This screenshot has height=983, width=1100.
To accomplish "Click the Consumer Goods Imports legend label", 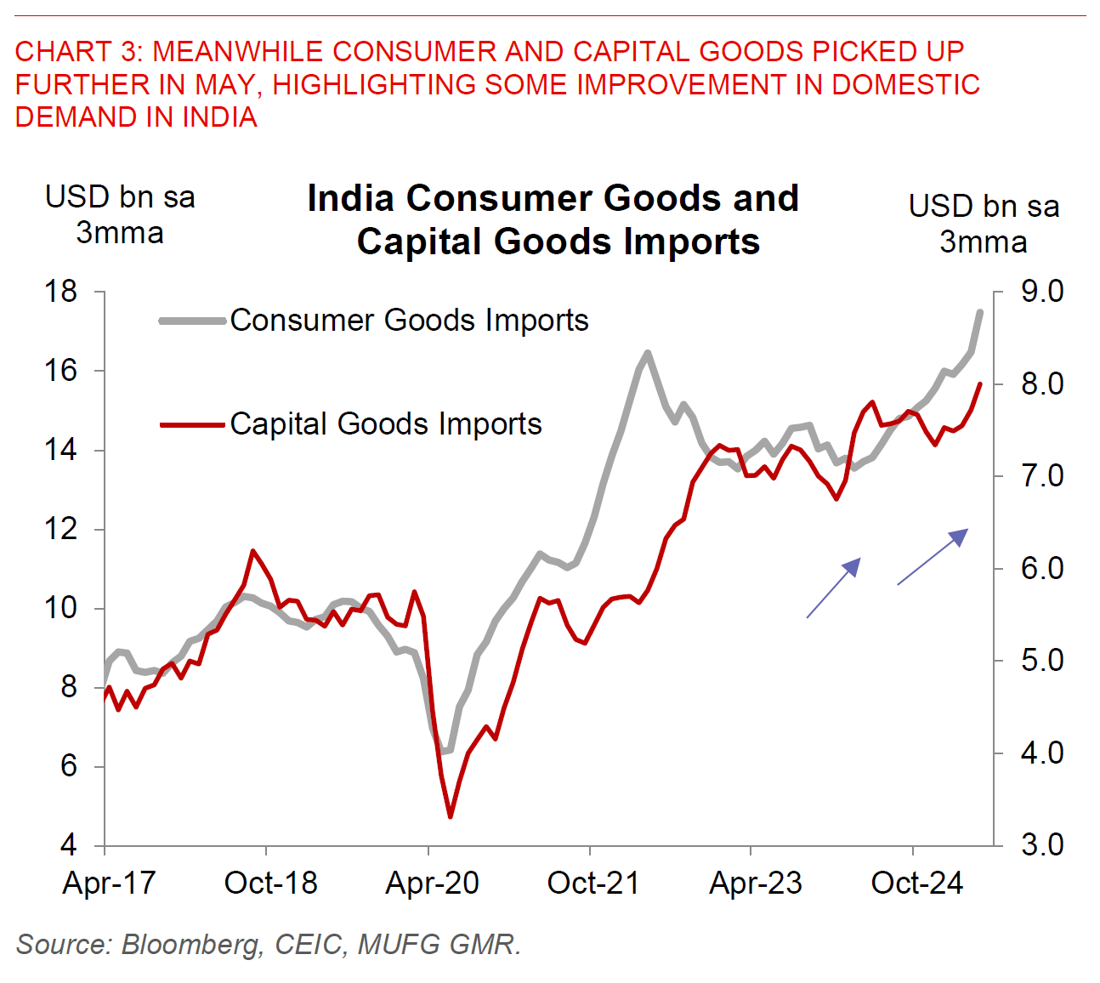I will [x=409, y=321].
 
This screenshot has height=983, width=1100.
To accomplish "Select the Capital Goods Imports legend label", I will [x=386, y=423].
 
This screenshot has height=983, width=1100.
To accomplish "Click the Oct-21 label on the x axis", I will [x=593, y=884].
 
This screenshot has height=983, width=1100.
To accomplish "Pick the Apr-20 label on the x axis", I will [x=432, y=884].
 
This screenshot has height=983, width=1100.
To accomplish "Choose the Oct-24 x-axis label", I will [x=916, y=884].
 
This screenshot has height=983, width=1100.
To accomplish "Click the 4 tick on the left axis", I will [x=68, y=845].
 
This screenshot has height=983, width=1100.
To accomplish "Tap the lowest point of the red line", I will [x=450, y=817].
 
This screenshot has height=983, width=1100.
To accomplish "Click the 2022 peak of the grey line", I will [x=648, y=352].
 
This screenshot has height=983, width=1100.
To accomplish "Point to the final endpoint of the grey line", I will [x=981, y=312].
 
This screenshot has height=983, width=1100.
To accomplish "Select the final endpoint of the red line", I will [x=981, y=384].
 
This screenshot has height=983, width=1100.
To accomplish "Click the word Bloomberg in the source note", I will [x=190, y=945].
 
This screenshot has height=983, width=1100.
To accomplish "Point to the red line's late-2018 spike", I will [x=252, y=551].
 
